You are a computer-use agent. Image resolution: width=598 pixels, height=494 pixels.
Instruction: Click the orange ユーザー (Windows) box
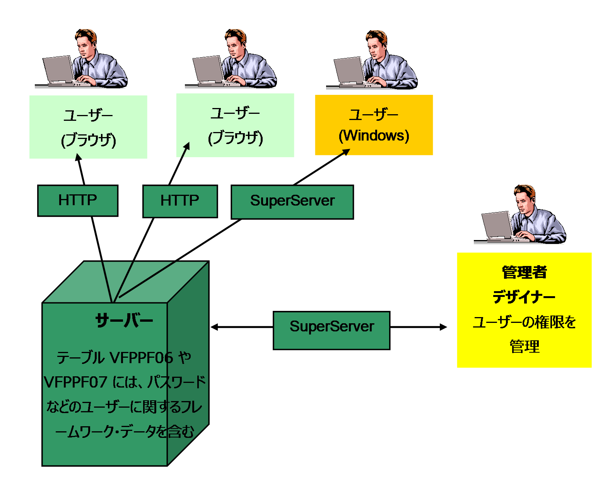(x=374, y=125)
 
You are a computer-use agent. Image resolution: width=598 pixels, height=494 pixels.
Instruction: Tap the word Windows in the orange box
(x=374, y=136)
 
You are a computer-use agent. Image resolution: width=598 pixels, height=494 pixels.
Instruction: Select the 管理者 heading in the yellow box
(x=524, y=272)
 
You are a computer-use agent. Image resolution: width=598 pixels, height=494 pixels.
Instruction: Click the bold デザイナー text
(x=524, y=297)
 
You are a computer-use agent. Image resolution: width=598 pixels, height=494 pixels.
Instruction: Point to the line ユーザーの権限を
(x=524, y=322)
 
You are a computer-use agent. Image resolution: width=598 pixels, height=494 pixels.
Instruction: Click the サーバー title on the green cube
(x=124, y=321)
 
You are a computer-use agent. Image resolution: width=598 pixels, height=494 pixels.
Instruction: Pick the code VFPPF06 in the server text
(x=142, y=358)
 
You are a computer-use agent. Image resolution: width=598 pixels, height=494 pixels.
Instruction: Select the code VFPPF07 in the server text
(x=75, y=383)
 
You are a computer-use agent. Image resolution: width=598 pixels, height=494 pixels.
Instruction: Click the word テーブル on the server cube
(x=80, y=358)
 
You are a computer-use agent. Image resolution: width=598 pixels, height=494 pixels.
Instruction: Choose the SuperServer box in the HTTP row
(x=292, y=202)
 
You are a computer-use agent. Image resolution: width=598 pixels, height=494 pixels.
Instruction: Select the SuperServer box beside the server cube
(x=331, y=330)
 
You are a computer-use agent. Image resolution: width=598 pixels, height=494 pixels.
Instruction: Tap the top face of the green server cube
(x=126, y=281)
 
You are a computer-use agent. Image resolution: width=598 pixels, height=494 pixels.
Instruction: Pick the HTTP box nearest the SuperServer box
(x=180, y=201)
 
